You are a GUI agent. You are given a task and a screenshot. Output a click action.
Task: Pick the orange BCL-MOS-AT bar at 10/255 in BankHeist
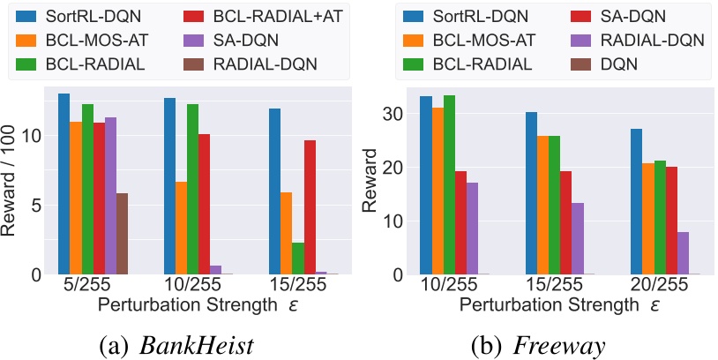tap(181, 228)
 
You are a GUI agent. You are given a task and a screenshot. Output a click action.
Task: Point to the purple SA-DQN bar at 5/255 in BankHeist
tap(110, 196)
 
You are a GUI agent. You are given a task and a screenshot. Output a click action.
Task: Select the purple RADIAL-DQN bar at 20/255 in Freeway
tap(683, 253)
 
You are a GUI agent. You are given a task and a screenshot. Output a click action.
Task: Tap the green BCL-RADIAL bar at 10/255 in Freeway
tap(449, 184)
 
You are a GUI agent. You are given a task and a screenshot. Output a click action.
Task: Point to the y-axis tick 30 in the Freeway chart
tap(395, 114)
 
